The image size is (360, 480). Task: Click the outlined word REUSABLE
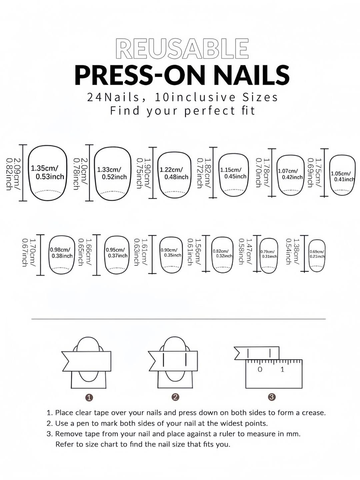tap(182, 49)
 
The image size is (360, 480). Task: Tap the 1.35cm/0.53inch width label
tap(47, 173)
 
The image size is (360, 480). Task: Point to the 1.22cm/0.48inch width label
tap(174, 173)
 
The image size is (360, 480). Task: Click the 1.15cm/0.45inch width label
tap(233, 173)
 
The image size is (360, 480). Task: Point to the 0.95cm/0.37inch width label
tap(117, 253)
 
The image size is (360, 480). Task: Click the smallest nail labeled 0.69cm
tap(317, 255)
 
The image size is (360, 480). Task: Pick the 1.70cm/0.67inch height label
tap(29, 253)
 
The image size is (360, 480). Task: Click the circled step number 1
tap(89, 398)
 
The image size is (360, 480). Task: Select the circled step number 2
tap(175, 397)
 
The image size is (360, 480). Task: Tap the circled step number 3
tap(272, 397)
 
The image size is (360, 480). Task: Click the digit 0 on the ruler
tap(260, 370)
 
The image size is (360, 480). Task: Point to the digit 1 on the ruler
tap(282, 370)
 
